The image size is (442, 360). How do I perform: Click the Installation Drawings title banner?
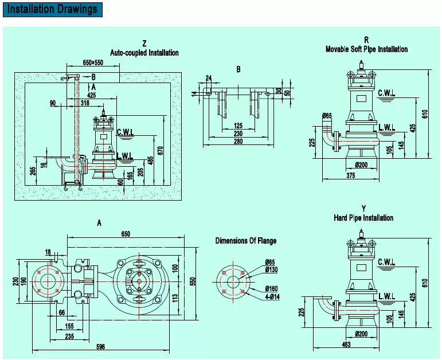pos(52,9)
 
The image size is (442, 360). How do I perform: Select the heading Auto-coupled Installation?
pos(144,53)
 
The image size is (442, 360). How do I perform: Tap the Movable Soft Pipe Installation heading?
pos(366,49)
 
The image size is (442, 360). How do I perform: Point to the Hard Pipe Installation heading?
pos(363,218)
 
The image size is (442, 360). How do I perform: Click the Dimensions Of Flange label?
pos(245,241)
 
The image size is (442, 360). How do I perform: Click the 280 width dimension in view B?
pos(237,143)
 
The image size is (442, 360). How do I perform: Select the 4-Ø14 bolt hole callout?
pos(272,298)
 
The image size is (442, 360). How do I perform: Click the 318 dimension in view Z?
pos(85,103)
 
